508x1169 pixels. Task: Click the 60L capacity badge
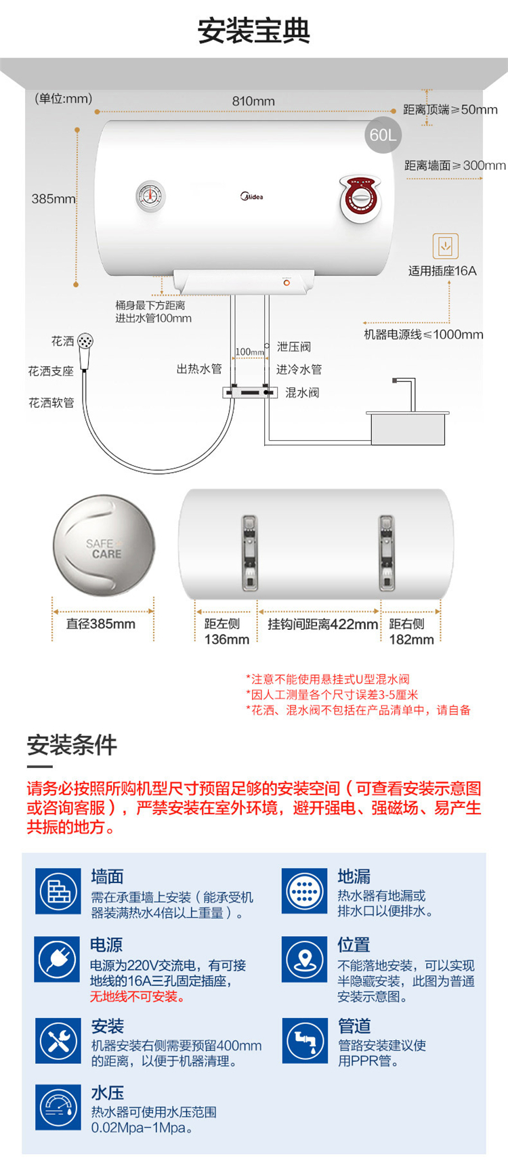pyautogui.click(x=383, y=135)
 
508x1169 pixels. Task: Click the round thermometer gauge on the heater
pyautogui.click(x=150, y=196)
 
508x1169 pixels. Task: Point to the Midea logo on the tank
pyautogui.click(x=251, y=196)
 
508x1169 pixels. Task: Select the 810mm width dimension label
pyautogui.click(x=253, y=101)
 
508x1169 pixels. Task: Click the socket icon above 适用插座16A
pyautogui.click(x=445, y=246)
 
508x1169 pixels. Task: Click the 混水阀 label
pyautogui.click(x=302, y=393)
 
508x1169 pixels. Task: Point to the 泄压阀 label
pyautogui.click(x=294, y=347)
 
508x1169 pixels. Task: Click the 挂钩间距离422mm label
pyautogui.click(x=322, y=624)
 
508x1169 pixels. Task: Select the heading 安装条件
pyautogui.click(x=72, y=745)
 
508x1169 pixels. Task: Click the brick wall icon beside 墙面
pyautogui.click(x=58, y=891)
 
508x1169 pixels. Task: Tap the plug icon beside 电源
pyautogui.click(x=58, y=959)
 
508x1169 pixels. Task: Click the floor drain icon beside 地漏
pyautogui.click(x=305, y=891)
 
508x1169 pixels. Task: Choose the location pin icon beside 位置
pyautogui.click(x=305, y=959)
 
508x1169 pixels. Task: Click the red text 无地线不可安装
pyautogui.click(x=137, y=997)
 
